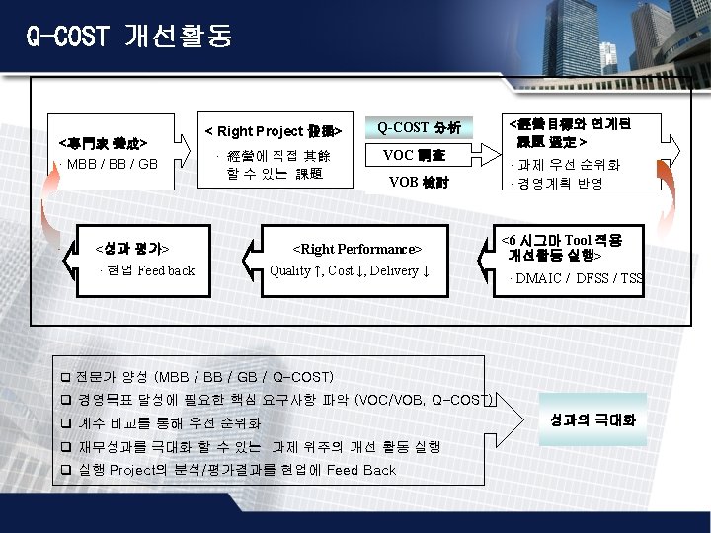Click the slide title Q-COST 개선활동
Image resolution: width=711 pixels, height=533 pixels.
tap(129, 37)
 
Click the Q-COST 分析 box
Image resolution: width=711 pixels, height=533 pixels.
tap(419, 127)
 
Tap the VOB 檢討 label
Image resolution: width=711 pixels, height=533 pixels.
tap(419, 182)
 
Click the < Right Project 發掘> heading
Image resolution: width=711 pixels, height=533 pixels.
tap(273, 131)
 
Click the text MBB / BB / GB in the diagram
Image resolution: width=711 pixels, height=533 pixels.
tap(112, 163)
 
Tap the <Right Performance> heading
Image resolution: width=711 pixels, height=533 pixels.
tap(357, 249)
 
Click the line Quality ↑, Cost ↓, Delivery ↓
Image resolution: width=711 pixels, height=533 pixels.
tap(350, 270)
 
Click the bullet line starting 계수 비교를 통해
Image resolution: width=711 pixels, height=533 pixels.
tap(168, 423)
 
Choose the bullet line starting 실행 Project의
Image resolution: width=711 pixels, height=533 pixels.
tap(236, 470)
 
